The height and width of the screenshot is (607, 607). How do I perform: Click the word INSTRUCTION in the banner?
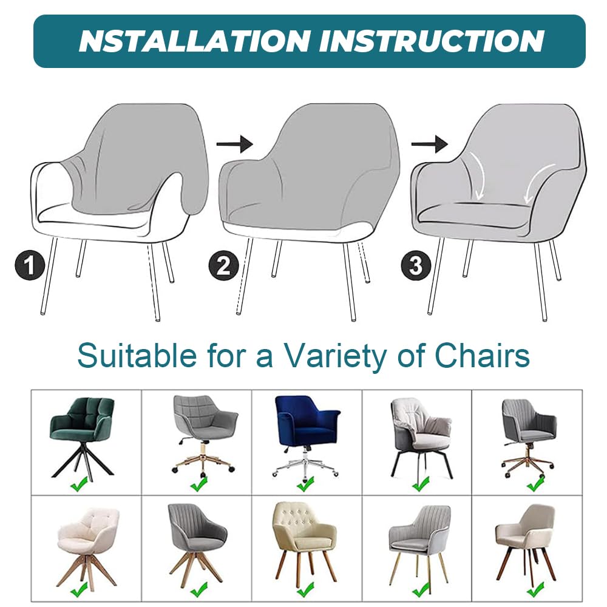pos(432,41)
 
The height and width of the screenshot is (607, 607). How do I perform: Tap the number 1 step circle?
pos(30,266)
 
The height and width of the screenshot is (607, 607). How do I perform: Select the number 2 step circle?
pos(224,266)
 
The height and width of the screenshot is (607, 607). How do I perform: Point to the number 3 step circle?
pos(416,266)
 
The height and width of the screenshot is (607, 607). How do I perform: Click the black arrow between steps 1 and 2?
pos(234,144)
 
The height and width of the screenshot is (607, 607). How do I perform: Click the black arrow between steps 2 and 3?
pos(430,144)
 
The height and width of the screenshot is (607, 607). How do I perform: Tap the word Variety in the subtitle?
pos(335,355)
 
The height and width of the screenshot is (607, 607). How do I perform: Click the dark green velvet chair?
pos(82,438)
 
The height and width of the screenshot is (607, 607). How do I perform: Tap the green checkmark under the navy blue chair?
pos(305,484)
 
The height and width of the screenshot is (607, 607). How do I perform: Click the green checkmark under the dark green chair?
pos(79,484)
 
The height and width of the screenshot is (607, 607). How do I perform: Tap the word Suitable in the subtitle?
pos(137,354)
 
